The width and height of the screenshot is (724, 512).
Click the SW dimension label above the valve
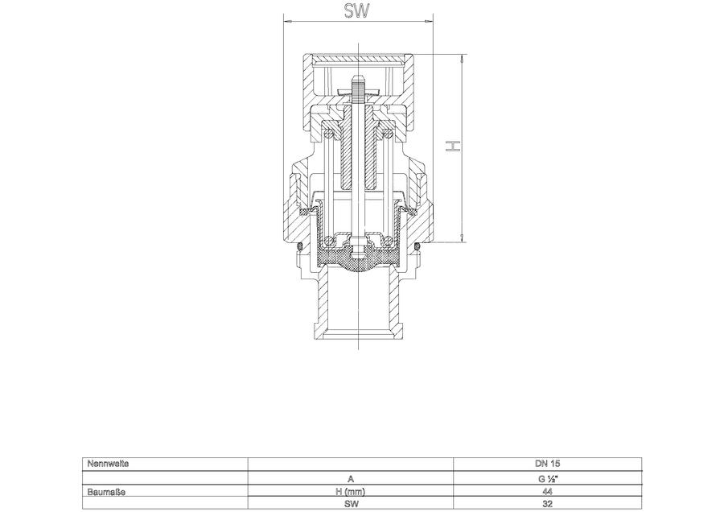[x=357, y=11]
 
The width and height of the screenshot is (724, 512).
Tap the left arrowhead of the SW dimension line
[x=287, y=20]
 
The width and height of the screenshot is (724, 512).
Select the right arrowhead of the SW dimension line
[x=430, y=20]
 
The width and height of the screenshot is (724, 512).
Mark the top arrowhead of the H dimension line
[x=463, y=59]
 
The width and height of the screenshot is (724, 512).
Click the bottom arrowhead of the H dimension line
[x=463, y=237]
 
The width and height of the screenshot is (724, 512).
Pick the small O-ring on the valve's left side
[x=299, y=246]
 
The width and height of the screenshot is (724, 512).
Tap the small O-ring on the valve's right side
[x=418, y=246]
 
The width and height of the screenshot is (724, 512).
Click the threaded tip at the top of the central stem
[x=358, y=83]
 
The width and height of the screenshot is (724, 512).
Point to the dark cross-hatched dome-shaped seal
[x=358, y=260]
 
